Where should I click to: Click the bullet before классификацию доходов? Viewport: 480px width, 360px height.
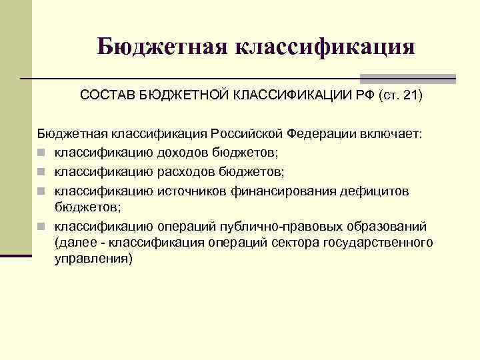[42, 153]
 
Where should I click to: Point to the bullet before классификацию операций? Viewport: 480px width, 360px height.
[42, 226]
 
